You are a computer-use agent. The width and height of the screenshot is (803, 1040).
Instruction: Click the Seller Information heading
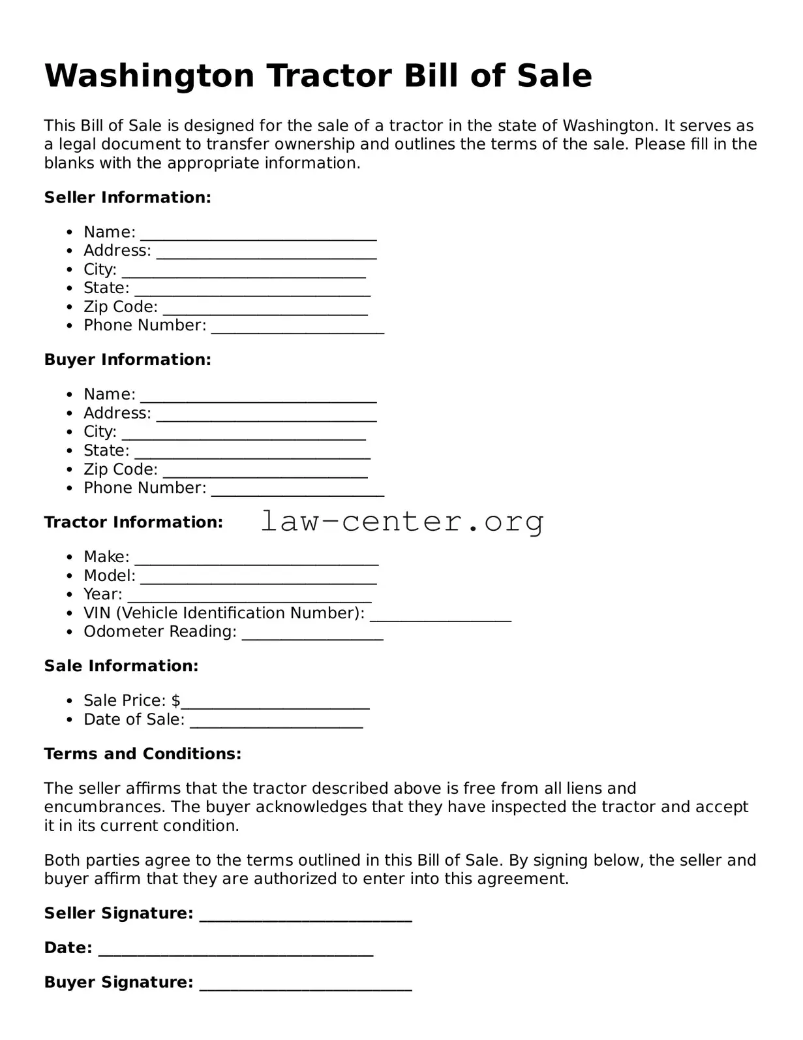[x=127, y=198]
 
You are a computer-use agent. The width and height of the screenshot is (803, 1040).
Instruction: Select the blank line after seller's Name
[x=258, y=236]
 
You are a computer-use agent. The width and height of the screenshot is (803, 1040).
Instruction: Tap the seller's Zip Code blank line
[x=265, y=311]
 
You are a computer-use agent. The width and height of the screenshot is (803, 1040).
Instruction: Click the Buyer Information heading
[x=127, y=360]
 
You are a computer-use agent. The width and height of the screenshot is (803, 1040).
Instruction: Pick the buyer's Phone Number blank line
[x=297, y=492]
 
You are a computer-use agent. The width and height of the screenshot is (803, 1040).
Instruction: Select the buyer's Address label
[x=117, y=413]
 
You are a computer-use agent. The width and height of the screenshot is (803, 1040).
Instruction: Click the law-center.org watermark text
[x=402, y=522]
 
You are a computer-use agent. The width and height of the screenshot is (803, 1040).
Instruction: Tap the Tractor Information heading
[x=133, y=522]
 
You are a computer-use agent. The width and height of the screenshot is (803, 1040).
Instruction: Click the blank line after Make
[x=256, y=561]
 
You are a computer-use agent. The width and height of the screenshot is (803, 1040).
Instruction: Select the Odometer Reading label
[x=160, y=632]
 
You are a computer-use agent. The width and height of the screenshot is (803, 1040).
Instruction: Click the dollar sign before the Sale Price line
[x=176, y=701]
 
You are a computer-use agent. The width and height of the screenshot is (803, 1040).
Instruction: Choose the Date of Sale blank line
[x=277, y=724]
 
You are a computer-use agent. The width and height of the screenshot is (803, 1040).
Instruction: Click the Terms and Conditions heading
[x=142, y=754]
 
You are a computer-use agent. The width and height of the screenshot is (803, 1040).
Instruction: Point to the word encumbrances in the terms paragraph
[x=104, y=808]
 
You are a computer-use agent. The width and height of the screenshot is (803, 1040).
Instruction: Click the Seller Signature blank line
[x=305, y=918]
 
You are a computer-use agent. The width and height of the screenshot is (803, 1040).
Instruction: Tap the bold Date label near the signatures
[x=68, y=948]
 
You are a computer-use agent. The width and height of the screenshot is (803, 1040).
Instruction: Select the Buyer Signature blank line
[x=305, y=987]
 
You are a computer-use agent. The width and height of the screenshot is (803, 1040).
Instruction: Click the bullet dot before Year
[x=69, y=595]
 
